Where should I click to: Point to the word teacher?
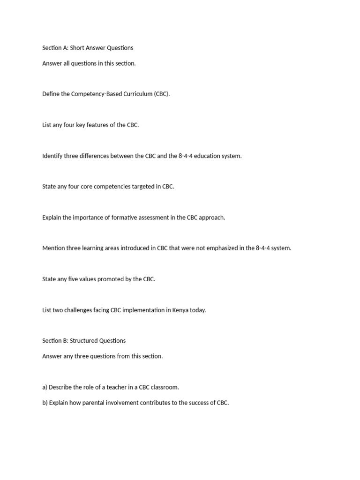(x=116, y=387)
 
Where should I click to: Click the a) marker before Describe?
(x=45, y=387)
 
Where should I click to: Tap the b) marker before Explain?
(x=45, y=403)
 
